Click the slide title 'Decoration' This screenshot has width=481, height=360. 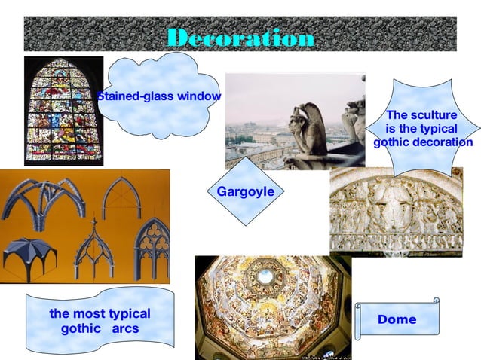coord(240,38)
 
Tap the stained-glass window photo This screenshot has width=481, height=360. coord(63,109)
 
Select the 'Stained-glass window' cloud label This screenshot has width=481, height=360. coord(159,96)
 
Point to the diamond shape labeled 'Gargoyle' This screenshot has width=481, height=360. coord(246,192)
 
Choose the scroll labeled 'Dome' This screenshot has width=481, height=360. coord(397,319)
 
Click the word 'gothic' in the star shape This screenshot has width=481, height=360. coord(393,142)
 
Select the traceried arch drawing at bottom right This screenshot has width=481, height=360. coord(151,249)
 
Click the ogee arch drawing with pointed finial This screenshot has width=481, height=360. coord(93,249)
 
